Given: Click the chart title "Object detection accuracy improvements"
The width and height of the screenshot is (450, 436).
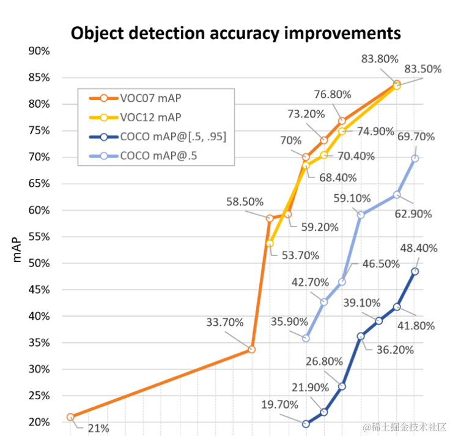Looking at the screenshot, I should click(236, 32).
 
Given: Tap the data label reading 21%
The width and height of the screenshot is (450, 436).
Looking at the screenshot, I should click(97, 428).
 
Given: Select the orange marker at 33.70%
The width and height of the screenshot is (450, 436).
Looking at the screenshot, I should click(251, 349).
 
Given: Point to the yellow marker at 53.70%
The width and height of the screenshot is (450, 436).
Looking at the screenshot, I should click(270, 244).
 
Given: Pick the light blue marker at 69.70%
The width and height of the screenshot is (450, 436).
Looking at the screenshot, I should click(415, 158).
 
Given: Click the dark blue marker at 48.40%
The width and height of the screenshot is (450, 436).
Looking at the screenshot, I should click(415, 271).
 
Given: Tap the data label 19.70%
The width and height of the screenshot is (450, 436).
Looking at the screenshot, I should click(279, 404).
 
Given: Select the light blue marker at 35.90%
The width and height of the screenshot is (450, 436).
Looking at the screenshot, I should click(306, 338).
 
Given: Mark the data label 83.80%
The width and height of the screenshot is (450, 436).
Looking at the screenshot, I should click(380, 59).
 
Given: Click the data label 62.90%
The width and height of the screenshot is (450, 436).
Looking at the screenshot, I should click(413, 214).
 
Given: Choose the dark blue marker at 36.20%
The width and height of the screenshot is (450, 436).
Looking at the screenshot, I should click(361, 336).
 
